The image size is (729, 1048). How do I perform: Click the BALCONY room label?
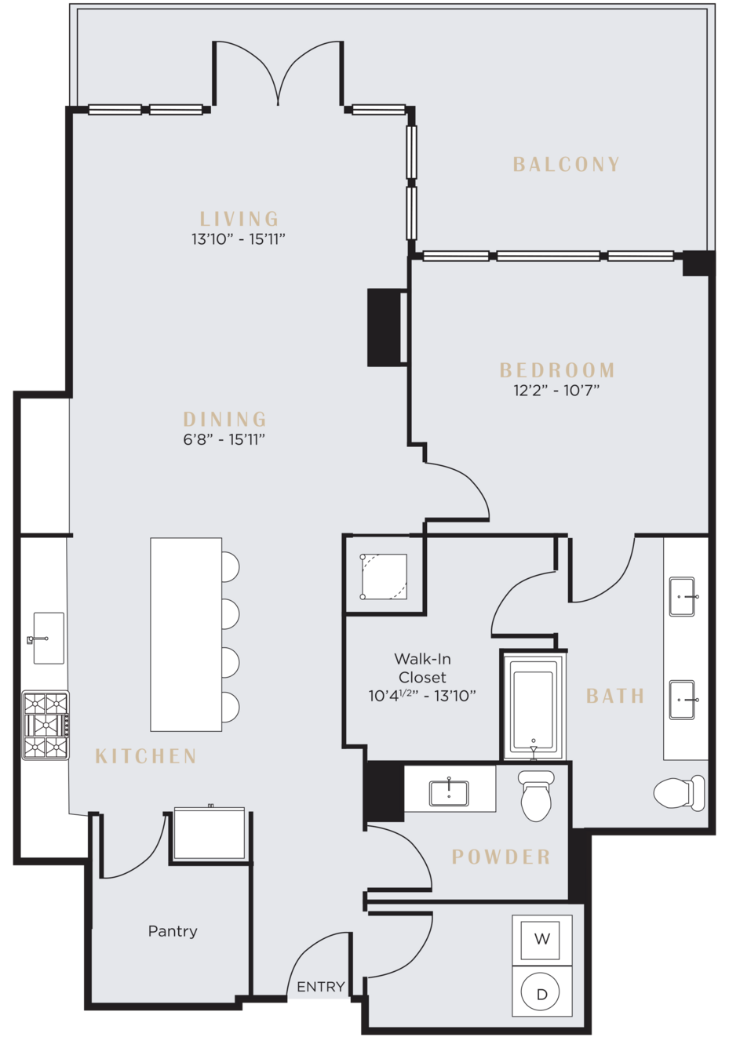[566, 164]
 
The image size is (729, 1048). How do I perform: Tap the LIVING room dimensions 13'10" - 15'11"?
[239, 239]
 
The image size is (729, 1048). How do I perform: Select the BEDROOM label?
[557, 370]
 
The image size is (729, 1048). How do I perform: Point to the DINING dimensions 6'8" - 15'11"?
[224, 439]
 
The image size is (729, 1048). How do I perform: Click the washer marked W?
[541, 938]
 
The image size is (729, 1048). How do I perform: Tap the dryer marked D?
[541, 992]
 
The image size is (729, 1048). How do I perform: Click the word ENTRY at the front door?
[320, 987]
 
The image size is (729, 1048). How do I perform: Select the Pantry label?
[173, 931]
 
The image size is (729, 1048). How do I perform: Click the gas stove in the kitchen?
[46, 725]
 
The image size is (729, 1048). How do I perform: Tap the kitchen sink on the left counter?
[48, 639]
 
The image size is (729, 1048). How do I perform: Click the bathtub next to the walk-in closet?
[534, 706]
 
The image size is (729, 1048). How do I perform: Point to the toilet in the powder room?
[536, 796]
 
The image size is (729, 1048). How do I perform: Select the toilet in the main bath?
[679, 793]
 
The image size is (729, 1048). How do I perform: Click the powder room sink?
[449, 793]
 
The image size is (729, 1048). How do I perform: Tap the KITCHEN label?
[146, 756]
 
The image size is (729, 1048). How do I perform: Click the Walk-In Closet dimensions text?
[422, 696]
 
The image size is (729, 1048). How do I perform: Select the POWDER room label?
[501, 857]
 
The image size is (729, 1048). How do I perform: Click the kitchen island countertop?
[186, 635]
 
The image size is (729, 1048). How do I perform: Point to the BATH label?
[615, 696]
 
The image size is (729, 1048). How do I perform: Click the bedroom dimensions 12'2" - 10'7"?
[556, 390]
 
